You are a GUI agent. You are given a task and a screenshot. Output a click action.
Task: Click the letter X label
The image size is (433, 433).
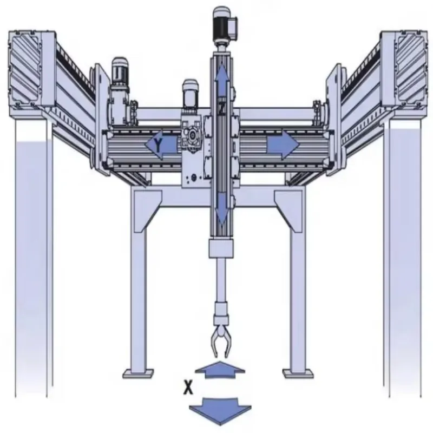pyautogui.click(x=188, y=388)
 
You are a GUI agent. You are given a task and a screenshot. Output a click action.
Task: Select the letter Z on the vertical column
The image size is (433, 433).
pyautogui.click(x=221, y=109)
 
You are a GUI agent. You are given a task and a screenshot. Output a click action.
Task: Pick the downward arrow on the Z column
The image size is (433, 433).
pyautogui.click(x=221, y=208)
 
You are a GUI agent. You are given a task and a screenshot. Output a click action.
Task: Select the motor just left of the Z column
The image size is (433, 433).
pyautogui.click(x=189, y=95)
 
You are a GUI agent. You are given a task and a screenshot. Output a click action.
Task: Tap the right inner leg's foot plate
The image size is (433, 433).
pyautogui.click(x=297, y=373)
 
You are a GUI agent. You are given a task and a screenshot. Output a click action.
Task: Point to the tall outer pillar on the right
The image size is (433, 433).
pyautogui.click(x=403, y=260)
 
